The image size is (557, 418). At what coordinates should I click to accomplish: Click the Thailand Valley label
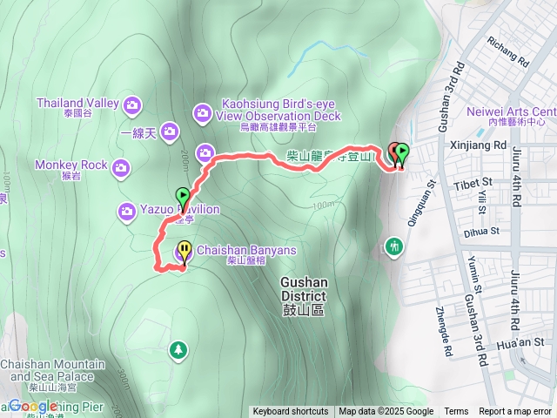(x=77, y=103)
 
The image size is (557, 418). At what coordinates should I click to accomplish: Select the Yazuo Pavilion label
(x=179, y=210)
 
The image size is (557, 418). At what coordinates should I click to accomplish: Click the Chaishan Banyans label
(x=246, y=250)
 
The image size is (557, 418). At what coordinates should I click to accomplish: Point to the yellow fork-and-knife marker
(x=185, y=253)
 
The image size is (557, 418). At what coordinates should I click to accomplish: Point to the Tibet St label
(x=473, y=185)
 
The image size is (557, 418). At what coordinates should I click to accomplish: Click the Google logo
(x=33, y=406)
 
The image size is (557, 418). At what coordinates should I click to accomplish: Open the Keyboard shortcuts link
(x=291, y=412)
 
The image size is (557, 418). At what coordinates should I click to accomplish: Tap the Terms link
(x=456, y=412)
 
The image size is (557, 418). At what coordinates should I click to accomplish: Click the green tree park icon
(x=178, y=349)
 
